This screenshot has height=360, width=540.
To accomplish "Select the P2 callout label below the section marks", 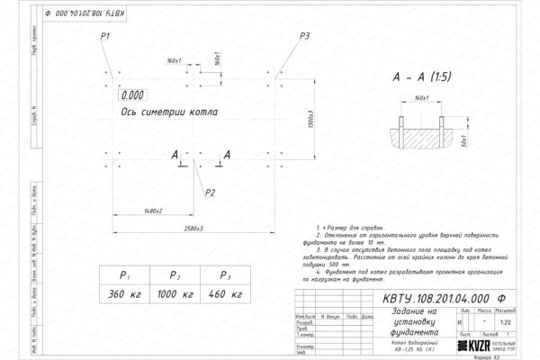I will (x=210, y=193).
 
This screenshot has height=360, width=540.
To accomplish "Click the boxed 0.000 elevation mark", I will (x=132, y=94).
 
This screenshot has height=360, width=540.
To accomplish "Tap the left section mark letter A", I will (x=174, y=156).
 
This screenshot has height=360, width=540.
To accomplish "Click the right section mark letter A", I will (x=227, y=156).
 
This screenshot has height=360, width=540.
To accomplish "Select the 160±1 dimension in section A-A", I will (x=422, y=96).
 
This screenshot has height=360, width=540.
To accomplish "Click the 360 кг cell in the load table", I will (x=126, y=295).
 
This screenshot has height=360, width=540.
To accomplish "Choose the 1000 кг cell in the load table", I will (x=176, y=295).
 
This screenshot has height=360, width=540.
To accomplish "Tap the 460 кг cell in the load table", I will (x=226, y=295).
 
